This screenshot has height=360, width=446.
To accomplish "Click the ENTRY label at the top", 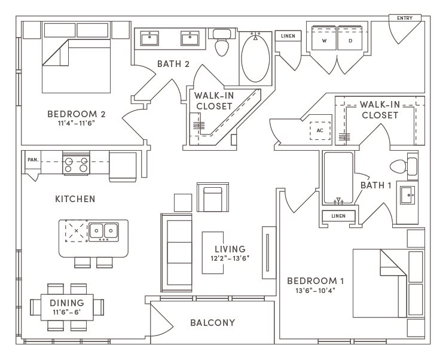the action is [405, 18].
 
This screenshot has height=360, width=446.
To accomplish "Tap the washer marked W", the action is [324, 38].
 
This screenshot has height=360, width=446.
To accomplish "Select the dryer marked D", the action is [350, 38].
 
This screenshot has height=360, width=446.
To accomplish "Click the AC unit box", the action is [320, 130].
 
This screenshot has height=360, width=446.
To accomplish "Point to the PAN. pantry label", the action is [33, 160].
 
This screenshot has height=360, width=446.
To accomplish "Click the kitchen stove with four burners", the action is [76, 164].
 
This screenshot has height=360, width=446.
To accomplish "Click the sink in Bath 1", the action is [407, 195].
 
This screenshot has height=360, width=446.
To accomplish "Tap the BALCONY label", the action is [213, 323].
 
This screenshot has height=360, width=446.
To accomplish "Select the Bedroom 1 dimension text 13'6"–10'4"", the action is [316, 291].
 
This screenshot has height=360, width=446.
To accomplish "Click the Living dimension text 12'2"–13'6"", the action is [230, 258].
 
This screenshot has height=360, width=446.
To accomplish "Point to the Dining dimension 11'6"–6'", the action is [67, 312].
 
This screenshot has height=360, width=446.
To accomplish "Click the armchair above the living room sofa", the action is [213, 197].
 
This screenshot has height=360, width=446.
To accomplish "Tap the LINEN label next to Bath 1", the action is [338, 216].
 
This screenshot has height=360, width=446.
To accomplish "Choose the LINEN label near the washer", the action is [288, 36].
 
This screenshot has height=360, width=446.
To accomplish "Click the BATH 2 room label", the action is [173, 64].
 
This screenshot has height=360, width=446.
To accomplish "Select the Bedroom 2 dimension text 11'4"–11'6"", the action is [77, 123].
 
